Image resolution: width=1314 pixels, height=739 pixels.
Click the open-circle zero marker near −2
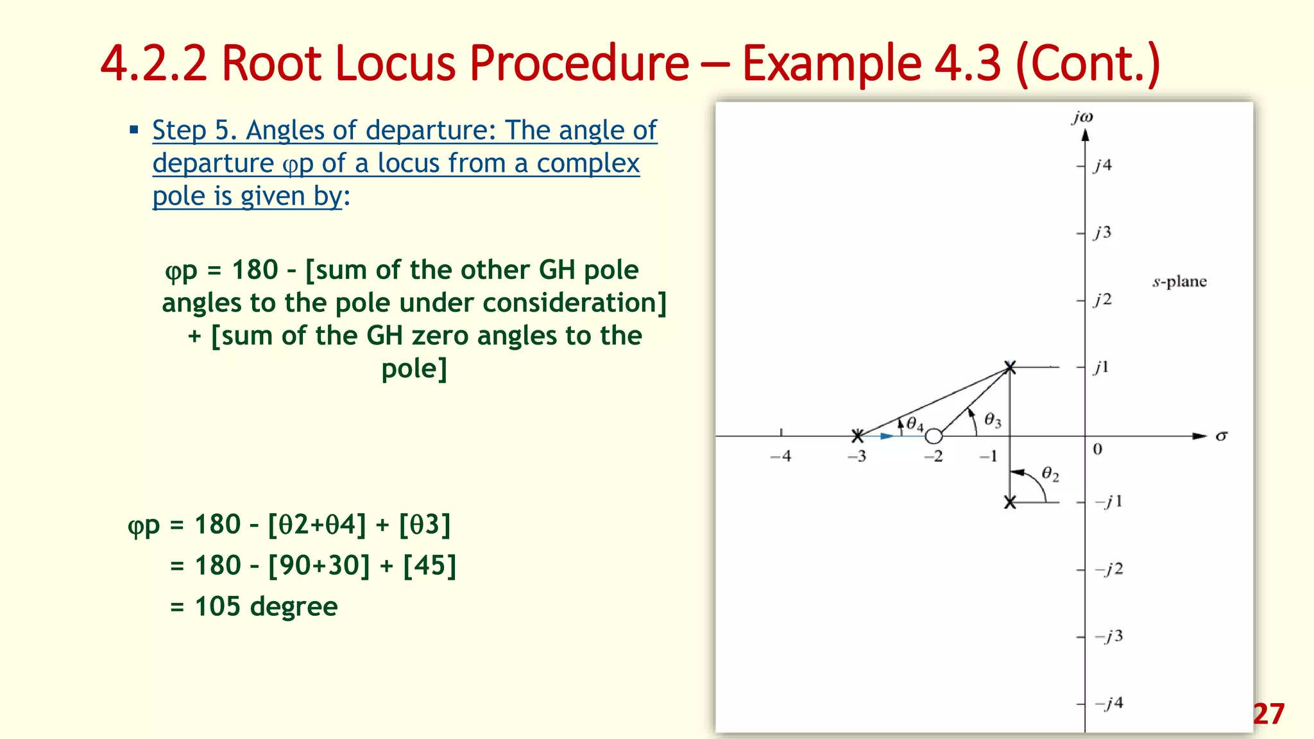[934, 436]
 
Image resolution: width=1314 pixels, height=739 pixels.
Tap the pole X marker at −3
[857, 436]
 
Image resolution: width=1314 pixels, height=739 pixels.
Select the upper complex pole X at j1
[1010, 367]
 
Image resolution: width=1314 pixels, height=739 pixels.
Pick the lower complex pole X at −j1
[1010, 502]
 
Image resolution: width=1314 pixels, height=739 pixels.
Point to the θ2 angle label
[1050, 474]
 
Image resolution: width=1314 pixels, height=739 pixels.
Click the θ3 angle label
[992, 420]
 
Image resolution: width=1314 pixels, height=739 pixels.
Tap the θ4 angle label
[914, 424]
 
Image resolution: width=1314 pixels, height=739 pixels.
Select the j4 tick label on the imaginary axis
[1102, 166]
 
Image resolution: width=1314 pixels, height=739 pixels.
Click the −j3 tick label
[1109, 636]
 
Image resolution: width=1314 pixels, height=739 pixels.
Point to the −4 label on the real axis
[781, 456]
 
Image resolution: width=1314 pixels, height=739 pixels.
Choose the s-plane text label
[1179, 282]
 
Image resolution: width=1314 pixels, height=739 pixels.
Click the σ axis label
[1221, 436]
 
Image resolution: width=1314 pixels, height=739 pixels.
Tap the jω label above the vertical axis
[1082, 117]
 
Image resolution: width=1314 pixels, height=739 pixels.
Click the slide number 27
[1268, 714]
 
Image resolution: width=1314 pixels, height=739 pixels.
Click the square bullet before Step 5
[134, 130]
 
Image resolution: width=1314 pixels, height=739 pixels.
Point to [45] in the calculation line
[429, 565]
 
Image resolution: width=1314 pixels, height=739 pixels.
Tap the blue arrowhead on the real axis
[886, 436]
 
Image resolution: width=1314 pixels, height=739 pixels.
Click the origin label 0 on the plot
[1097, 449]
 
